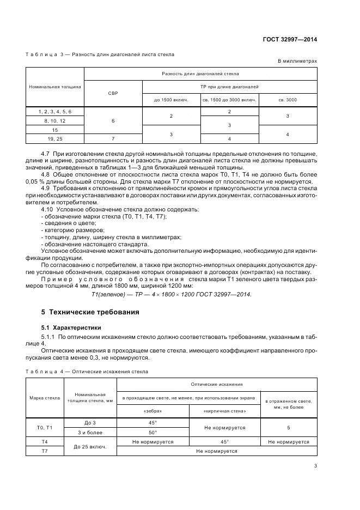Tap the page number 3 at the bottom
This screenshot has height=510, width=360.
coord(315,465)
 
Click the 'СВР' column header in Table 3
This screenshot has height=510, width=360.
coord(113,93)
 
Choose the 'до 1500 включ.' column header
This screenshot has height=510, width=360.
coord(172,100)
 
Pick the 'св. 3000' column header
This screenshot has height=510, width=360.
coord(288,100)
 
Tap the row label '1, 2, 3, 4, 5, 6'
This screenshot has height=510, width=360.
coord(55,111)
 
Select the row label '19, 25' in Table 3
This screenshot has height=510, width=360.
coord(55,139)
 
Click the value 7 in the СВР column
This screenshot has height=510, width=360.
coord(113,139)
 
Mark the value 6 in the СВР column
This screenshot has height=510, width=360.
coord(113,120)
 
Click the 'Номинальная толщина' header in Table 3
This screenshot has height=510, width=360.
coord(55,86)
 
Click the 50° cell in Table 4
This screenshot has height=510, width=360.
coord(152,432)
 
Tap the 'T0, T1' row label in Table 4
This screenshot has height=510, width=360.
coord(45,428)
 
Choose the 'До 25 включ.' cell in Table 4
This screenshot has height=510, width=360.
coord(90,446)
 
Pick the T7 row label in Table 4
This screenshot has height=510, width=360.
coord(45,451)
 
